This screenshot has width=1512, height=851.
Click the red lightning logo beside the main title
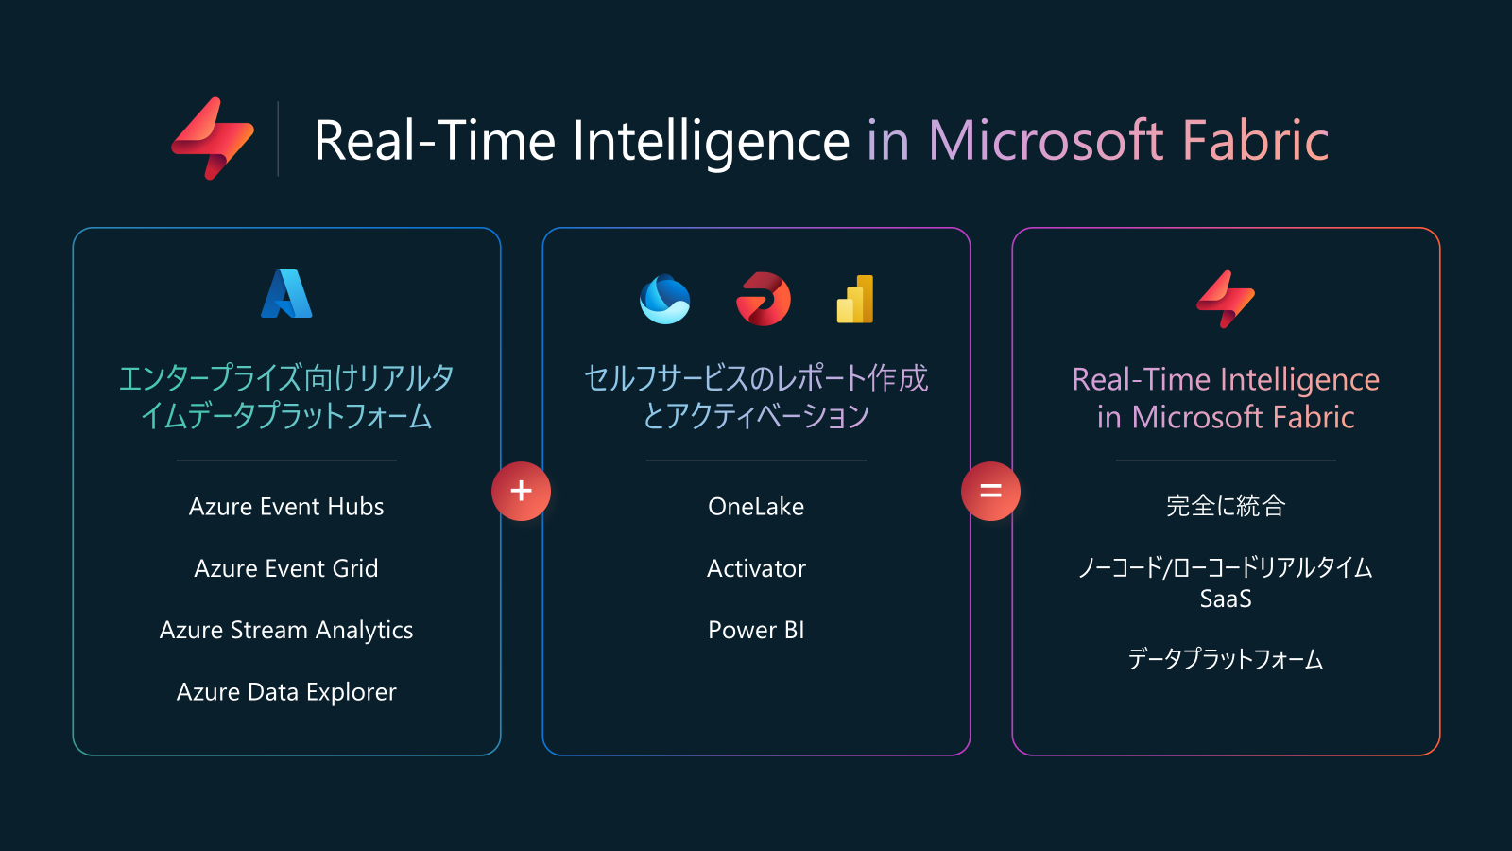click(213, 138)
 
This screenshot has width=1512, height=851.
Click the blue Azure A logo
click(286, 294)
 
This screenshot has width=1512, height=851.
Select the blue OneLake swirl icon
click(665, 299)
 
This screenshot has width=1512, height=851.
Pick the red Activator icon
click(764, 299)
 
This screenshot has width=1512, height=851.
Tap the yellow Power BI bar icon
click(855, 299)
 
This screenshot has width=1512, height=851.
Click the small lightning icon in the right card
click(1226, 299)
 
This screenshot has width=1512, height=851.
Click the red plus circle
click(521, 491)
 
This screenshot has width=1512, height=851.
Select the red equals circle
click(991, 491)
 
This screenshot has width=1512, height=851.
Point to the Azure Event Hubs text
click(286, 507)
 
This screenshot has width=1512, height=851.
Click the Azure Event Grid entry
click(286, 568)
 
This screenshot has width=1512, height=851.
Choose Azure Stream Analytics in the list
click(286, 630)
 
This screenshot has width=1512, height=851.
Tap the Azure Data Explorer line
click(286, 692)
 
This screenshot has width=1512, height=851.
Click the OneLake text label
click(756, 507)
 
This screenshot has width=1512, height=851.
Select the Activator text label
click(756, 568)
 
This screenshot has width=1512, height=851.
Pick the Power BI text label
click(756, 630)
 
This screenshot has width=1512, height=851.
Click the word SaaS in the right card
click(1226, 599)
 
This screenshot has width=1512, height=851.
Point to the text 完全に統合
click(1226, 506)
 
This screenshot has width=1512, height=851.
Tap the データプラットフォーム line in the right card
click(1226, 659)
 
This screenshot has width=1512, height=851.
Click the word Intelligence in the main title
click(712, 142)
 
